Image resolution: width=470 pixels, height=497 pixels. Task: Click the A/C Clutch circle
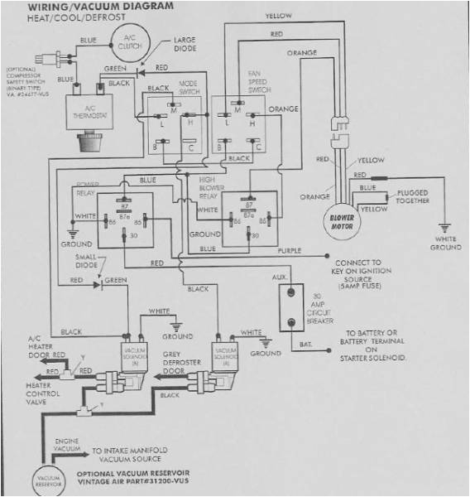(x=128, y=43)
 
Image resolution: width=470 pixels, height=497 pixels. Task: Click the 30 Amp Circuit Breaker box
(x=290, y=309)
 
